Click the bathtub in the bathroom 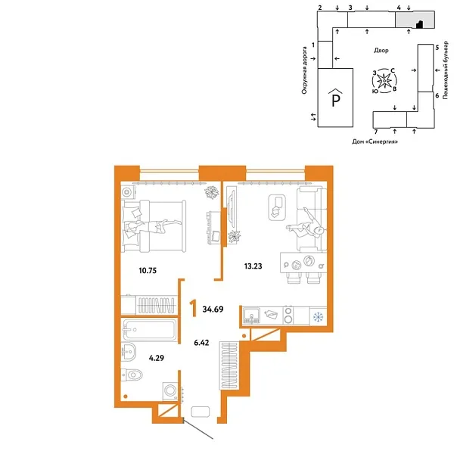point(149,330)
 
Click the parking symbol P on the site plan point(334,98)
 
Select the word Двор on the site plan point(381,50)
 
